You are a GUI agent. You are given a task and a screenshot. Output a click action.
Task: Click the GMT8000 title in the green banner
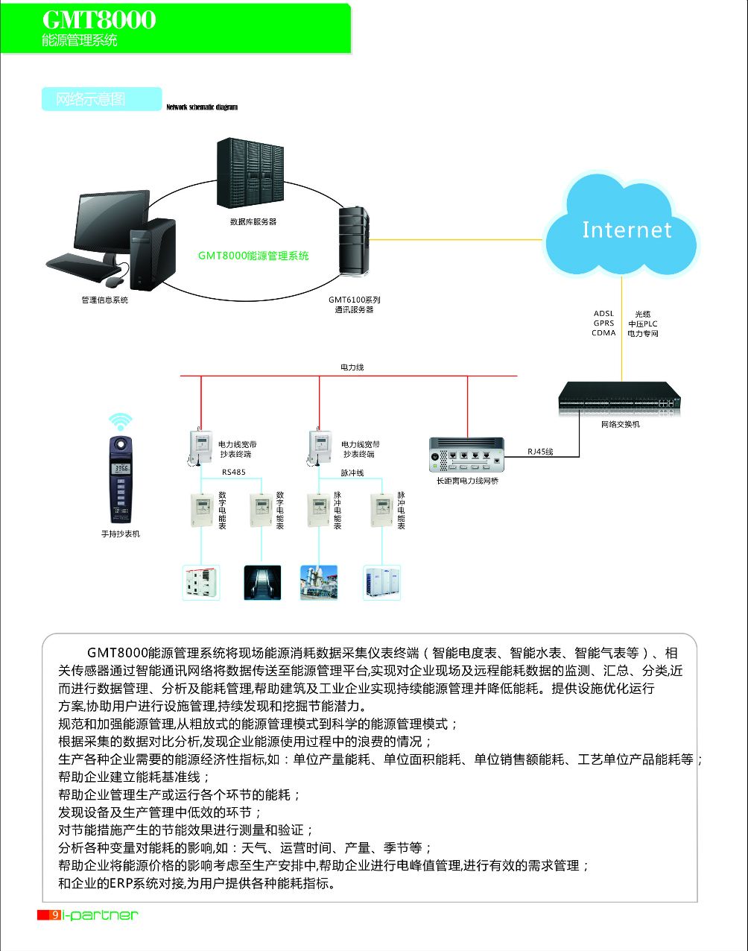coord(99,20)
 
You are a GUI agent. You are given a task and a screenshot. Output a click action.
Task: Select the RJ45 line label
coord(540,452)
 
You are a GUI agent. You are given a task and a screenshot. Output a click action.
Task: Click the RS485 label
coord(233,472)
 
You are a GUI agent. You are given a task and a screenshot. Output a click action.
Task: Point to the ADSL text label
coord(603,314)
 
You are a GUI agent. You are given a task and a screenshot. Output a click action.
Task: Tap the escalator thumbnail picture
coord(262,583)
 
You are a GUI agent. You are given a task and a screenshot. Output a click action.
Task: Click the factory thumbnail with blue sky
coord(319,583)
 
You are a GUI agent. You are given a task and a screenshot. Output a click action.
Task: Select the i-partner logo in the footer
coord(101,914)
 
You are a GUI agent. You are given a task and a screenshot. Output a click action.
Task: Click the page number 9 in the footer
coord(56,914)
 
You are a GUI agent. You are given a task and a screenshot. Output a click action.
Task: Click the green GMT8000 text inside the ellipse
coord(253,256)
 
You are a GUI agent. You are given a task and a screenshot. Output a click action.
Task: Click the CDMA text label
coord(603,333)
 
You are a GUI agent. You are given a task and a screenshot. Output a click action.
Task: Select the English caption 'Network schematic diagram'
coord(202,107)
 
